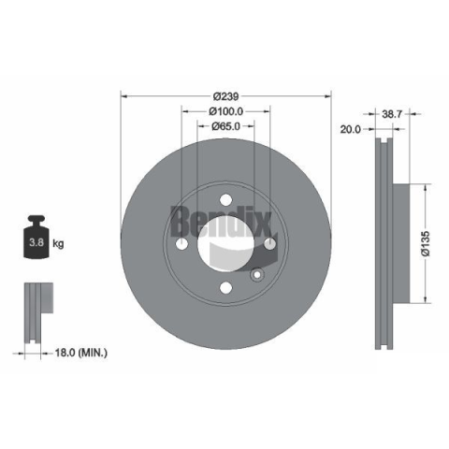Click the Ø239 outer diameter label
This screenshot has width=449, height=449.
(225, 96)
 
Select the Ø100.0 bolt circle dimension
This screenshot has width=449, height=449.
(226, 111)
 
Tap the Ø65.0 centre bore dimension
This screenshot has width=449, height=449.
(225, 126)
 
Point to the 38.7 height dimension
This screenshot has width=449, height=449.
(392, 114)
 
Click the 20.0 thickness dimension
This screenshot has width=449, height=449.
(350, 129)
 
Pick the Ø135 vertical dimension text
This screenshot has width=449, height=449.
(426, 243)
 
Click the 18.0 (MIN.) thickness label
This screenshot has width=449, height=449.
(81, 353)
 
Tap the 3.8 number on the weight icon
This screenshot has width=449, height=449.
(36, 242)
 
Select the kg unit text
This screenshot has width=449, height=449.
(58, 243)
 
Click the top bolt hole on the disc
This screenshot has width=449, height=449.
(225, 199)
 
